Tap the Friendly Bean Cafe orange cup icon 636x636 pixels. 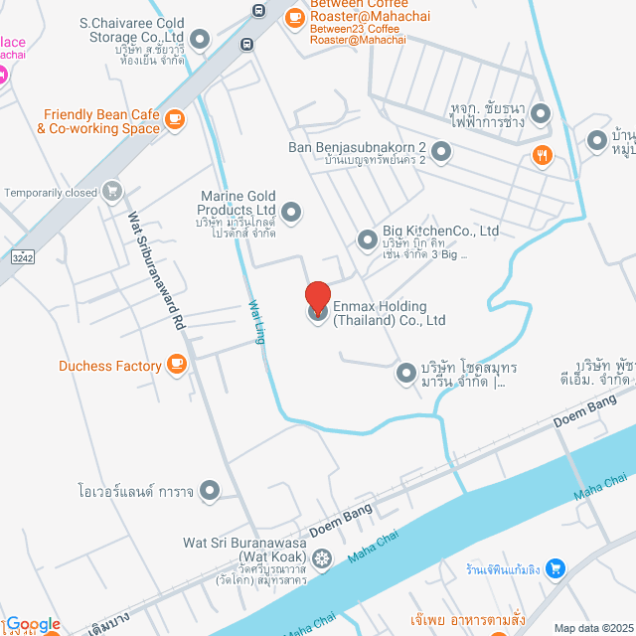point(175,120)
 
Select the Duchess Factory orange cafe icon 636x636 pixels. point(177,366)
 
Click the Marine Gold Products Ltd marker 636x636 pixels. point(291,211)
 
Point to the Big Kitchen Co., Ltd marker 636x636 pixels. point(367,239)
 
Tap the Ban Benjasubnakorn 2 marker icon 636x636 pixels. point(441,151)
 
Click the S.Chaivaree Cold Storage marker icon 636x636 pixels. point(200,40)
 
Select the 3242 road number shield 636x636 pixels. point(22,257)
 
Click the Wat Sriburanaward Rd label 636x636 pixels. point(156,268)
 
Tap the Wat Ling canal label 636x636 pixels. point(256,322)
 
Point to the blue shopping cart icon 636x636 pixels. point(556,569)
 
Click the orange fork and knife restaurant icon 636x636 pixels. point(542,154)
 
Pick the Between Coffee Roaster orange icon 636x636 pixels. point(294,17)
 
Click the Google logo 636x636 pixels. point(33,624)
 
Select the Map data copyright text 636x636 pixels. point(592,628)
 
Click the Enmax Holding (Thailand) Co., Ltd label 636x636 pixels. point(389,313)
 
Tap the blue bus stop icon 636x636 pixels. point(258,12)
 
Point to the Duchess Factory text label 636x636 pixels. point(109,366)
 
